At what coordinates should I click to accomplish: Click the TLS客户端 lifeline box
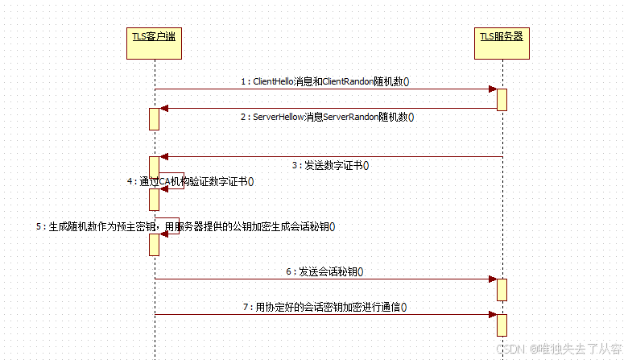pyautogui.click(x=154, y=43)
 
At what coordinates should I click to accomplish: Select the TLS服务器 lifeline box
pyautogui.click(x=502, y=43)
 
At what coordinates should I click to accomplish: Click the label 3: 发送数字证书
pyautogui.click(x=329, y=166)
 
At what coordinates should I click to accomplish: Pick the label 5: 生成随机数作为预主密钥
pyautogui.click(x=185, y=227)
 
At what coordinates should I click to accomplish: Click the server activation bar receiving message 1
pyautogui.click(x=502, y=99)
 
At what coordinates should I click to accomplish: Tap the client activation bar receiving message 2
pyautogui.click(x=154, y=118)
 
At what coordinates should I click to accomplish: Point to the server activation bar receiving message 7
pyautogui.click(x=502, y=325)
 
